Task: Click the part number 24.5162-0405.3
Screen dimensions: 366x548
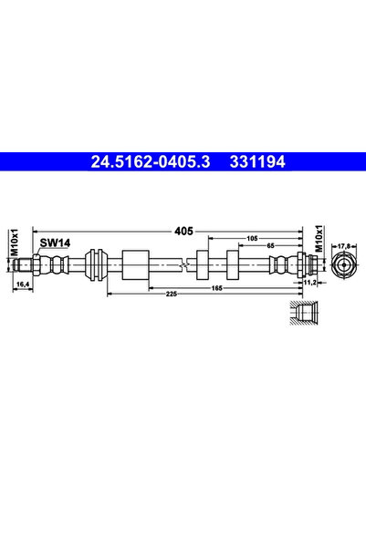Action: tap(151, 161)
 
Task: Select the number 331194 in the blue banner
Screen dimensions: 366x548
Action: tap(257, 161)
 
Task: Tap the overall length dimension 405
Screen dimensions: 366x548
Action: tap(183, 231)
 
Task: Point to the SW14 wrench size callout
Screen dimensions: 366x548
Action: tap(55, 243)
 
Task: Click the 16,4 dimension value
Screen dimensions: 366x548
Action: tap(23, 284)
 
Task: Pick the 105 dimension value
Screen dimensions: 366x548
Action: tap(252, 238)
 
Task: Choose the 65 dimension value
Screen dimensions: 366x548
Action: tap(270, 245)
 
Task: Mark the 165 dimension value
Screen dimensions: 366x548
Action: tap(217, 288)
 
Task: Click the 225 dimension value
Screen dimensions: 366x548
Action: tap(171, 295)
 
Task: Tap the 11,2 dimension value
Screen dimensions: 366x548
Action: tap(309, 283)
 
